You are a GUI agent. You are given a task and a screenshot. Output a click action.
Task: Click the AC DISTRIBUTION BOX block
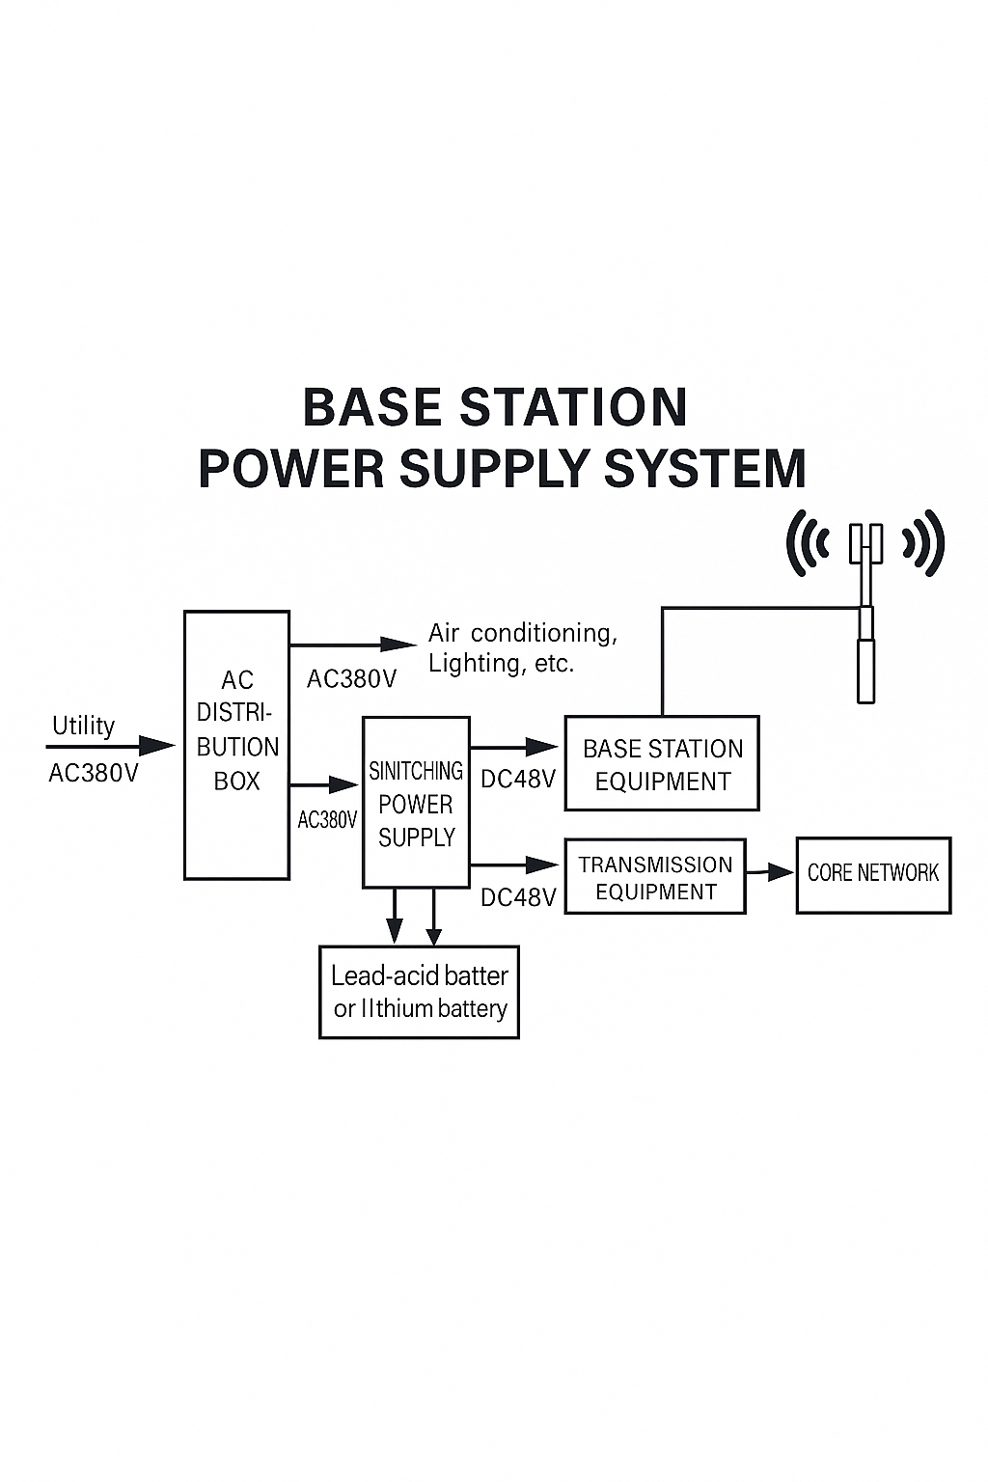[x=237, y=745]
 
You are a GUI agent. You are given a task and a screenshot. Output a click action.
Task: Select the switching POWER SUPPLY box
[x=416, y=803]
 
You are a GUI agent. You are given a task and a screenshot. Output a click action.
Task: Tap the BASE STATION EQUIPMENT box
[x=662, y=763]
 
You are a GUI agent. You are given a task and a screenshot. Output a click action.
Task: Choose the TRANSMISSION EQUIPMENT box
[x=655, y=876]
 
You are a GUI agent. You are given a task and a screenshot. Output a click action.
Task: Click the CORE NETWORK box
[x=873, y=874]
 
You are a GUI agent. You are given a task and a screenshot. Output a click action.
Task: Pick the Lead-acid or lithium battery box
[x=419, y=992]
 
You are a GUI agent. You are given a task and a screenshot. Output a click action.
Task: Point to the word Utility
[x=83, y=726]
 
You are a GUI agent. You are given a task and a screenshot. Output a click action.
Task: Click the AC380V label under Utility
[x=94, y=773]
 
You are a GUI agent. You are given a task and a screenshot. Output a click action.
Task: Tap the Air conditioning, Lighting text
[x=522, y=647]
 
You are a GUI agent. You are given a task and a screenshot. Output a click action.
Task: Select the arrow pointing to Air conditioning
[x=353, y=644]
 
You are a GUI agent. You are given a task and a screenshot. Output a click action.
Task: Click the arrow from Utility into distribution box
[x=110, y=746]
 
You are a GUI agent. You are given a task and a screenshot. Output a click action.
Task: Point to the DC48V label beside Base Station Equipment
[x=518, y=779]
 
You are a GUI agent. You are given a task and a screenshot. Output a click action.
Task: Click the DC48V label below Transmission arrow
[x=518, y=897]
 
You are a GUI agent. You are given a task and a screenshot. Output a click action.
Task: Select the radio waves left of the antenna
[x=809, y=543]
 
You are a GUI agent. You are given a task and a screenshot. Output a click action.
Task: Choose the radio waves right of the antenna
[x=923, y=543]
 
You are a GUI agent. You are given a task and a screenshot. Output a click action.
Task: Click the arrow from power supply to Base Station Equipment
[x=514, y=747]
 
